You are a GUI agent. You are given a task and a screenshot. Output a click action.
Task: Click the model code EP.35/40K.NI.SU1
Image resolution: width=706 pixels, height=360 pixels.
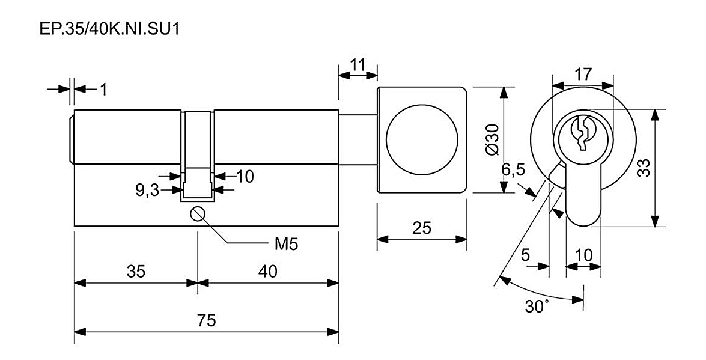coord(109,29)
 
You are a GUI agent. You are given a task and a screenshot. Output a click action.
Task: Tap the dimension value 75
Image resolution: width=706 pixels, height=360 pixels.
coord(206,320)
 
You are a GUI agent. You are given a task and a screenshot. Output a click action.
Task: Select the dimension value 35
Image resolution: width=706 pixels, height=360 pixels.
coord(136,272)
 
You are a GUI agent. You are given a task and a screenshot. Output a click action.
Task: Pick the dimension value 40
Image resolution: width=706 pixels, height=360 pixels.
coord(268,272)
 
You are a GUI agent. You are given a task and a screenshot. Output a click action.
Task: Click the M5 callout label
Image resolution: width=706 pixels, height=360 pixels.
coord(287,244)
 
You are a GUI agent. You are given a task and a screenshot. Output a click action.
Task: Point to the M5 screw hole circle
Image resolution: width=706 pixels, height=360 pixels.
coord(198,213)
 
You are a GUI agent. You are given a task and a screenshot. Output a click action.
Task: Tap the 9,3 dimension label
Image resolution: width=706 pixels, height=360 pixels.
coord(148,191)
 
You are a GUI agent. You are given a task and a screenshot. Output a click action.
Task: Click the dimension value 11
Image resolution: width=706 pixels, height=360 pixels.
coord(358,65)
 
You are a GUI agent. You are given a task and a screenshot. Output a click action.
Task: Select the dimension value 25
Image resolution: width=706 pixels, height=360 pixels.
coord(422,228)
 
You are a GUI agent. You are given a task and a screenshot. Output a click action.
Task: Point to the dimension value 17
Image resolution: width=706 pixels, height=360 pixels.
coord(583,74)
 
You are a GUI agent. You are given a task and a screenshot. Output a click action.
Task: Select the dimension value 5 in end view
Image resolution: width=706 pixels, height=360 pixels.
coord(525,255)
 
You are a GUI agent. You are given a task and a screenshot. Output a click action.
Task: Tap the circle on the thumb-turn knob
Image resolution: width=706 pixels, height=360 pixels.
coord(422,139)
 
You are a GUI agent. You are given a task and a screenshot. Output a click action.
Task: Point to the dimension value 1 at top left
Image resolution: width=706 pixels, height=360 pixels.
coord(103,90)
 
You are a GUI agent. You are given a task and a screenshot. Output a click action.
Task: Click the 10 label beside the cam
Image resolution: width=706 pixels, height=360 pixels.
coord(245,177)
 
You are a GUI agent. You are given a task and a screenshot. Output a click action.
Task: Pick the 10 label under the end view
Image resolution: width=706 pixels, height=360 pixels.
coord(584,255)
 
